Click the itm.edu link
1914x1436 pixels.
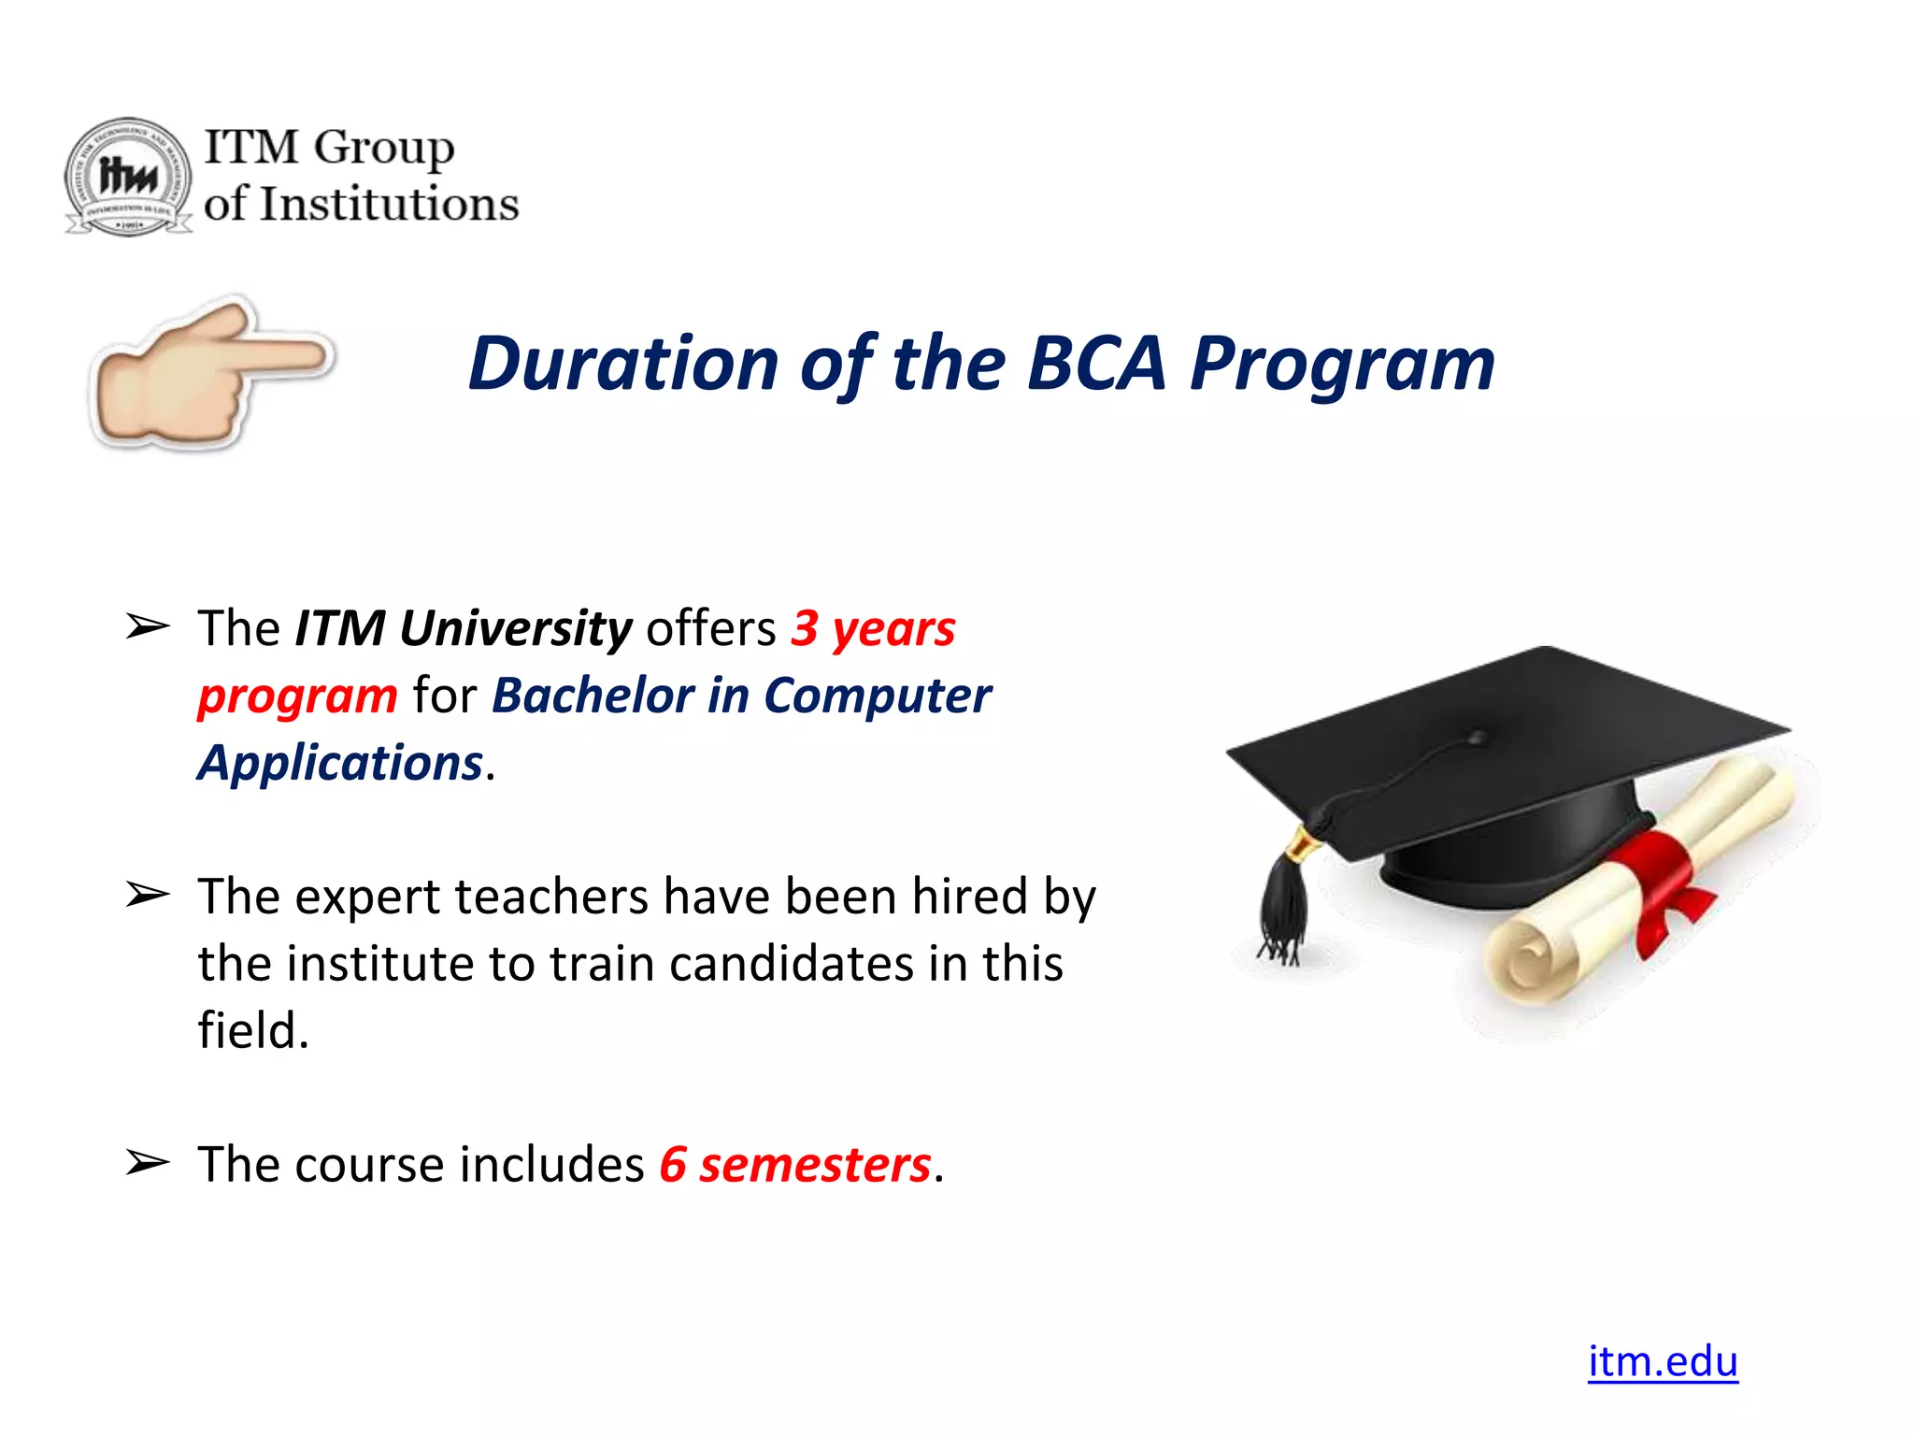click(1662, 1361)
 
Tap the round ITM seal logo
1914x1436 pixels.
click(128, 177)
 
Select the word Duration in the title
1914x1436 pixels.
click(623, 364)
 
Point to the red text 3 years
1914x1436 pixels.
click(873, 627)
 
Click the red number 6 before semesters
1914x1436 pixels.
click(673, 1165)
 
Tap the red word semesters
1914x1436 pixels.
click(815, 1165)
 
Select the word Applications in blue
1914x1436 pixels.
click(340, 763)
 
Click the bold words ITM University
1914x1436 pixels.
click(464, 627)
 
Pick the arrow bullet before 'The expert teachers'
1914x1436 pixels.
click(148, 895)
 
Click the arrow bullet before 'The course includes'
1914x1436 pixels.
click(148, 1163)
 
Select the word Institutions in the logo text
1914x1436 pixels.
click(389, 205)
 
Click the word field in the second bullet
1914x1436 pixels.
click(252, 1030)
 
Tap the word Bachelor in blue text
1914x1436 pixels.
click(593, 696)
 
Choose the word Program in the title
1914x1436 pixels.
click(1342, 364)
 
